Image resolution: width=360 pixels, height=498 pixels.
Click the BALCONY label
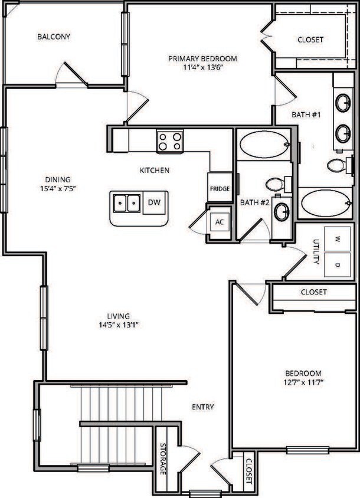click(x=54, y=37)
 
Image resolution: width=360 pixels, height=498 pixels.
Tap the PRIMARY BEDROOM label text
click(x=202, y=58)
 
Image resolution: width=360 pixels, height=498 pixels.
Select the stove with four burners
click(x=169, y=142)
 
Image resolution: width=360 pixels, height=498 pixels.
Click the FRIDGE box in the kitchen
click(x=219, y=189)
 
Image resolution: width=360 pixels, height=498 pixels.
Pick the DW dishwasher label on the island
click(x=154, y=203)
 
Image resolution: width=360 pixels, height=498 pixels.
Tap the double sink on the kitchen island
click(x=127, y=204)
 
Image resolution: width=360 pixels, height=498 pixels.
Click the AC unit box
click(x=220, y=222)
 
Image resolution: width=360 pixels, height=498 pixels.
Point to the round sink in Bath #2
click(x=282, y=212)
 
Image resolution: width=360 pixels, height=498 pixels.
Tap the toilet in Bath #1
click(x=337, y=165)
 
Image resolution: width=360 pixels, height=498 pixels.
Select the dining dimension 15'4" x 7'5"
click(x=57, y=189)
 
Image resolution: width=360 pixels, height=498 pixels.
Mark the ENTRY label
click(x=202, y=407)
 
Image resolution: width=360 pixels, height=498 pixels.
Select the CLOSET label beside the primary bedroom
click(x=310, y=40)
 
